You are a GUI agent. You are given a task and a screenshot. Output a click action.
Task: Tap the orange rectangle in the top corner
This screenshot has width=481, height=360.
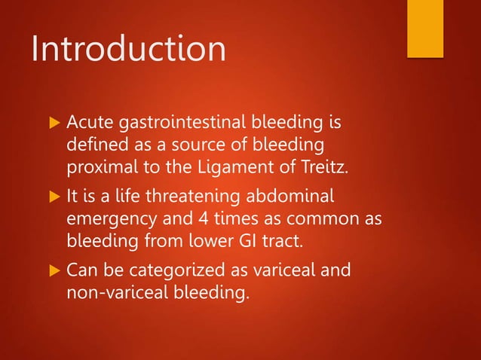pyautogui.click(x=424, y=28)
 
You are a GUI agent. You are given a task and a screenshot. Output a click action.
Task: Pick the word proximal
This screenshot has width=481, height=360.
pyautogui.click(x=100, y=166)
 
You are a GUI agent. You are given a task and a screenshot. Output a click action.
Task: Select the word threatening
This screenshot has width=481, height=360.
pyautogui.click(x=185, y=197)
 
